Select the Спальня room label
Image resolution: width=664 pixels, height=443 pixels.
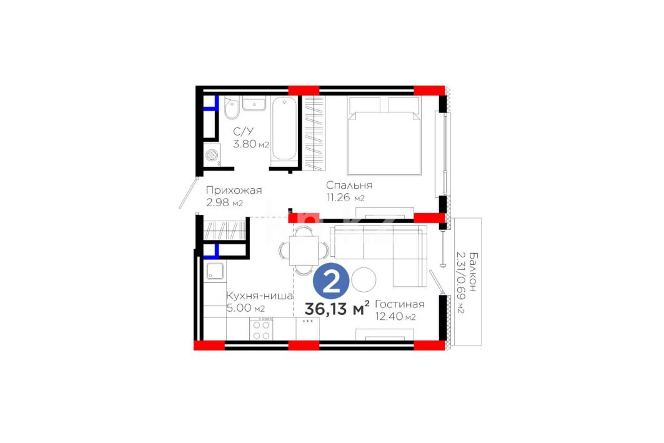pos(349,186)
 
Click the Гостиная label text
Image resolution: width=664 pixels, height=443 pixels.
pos(399,304)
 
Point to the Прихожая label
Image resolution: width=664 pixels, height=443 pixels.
pos(234,191)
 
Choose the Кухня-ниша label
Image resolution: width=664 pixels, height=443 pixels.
pos(260,296)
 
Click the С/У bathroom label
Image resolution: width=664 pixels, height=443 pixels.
pos(243,132)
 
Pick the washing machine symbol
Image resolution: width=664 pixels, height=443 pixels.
pos(212,155)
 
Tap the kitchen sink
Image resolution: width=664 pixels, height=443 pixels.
pos(215,271)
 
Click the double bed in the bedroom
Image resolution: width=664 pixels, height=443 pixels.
pos(384,136)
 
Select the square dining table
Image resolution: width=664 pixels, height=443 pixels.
pos(304,251)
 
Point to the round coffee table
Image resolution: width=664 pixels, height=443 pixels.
pos(364,280)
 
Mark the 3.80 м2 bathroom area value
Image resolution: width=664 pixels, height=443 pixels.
pos(250,144)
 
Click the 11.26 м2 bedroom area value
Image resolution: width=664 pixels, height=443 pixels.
pos(345,197)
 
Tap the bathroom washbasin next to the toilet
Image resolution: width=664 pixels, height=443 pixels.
pos(254,104)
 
